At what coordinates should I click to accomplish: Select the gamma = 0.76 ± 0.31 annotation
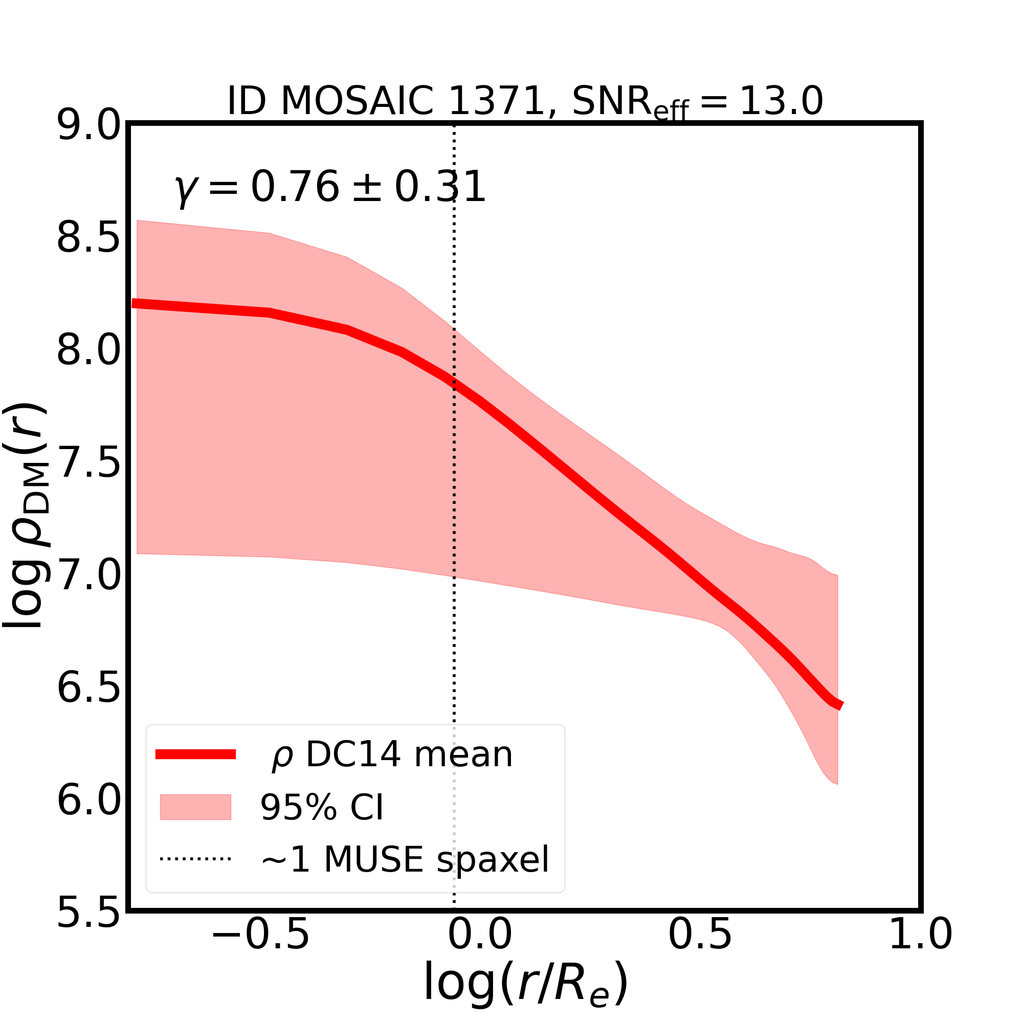[330, 187]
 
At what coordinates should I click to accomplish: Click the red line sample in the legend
[195, 755]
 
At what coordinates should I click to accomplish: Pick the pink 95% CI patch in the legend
[195, 808]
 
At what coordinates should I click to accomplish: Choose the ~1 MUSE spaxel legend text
[405, 860]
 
